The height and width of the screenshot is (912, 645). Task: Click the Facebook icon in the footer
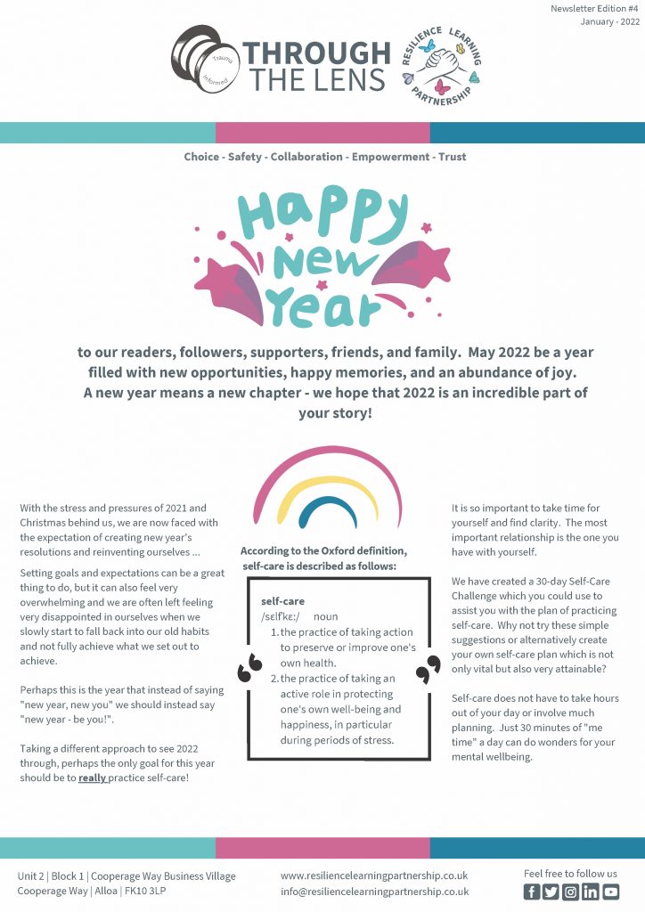pos(532,892)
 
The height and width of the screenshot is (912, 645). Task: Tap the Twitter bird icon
pos(551,892)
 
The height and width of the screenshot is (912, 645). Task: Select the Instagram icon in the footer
pos(571,892)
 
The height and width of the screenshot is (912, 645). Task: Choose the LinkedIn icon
pos(591,892)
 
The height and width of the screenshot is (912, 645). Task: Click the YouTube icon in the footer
pos(610,892)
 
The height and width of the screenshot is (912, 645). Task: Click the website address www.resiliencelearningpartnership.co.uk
pos(373,875)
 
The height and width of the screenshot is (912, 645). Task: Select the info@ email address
pos(374,892)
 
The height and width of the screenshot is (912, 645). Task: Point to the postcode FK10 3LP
pos(152,892)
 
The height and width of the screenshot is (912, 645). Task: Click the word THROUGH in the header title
pos(318,53)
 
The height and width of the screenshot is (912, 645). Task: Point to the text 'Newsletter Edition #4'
pos(595,8)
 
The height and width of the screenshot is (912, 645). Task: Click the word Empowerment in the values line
pos(388,157)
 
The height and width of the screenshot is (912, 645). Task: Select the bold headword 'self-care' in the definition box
pos(282,601)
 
